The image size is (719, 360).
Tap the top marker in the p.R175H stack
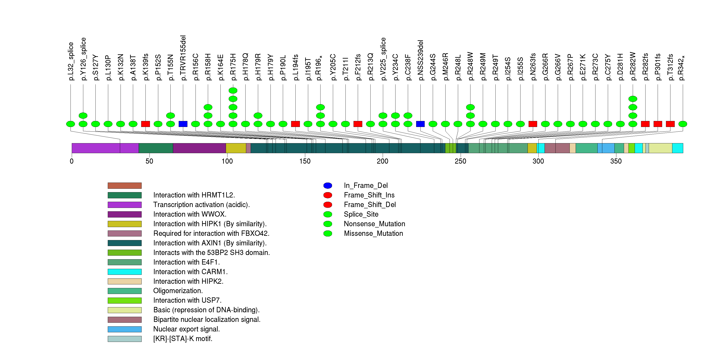click(233, 90)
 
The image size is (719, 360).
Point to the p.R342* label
click(682, 68)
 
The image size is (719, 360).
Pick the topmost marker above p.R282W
click(633, 99)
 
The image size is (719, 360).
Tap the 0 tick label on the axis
click(72, 161)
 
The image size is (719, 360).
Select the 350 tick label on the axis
click(616, 161)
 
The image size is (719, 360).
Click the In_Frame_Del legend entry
click(366, 186)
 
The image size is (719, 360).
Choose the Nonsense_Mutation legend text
click(374, 224)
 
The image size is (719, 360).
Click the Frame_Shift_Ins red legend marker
click(328, 195)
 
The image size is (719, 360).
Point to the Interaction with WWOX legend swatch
click(125, 214)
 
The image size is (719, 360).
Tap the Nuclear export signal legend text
click(186, 329)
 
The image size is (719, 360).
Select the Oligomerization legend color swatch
click(125, 291)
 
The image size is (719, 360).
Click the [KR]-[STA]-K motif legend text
click(183, 339)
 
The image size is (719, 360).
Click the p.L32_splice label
click(71, 61)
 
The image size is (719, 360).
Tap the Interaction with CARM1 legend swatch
click(125, 272)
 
